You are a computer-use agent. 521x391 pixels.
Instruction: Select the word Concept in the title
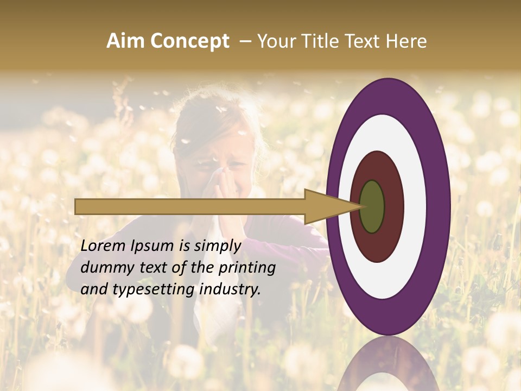point(189,41)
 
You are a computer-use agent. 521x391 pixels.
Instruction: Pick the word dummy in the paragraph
point(103,267)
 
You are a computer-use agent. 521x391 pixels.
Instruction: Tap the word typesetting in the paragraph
point(154,289)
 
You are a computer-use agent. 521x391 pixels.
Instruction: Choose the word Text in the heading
point(363,41)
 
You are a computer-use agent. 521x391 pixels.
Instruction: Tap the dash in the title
point(245,42)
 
